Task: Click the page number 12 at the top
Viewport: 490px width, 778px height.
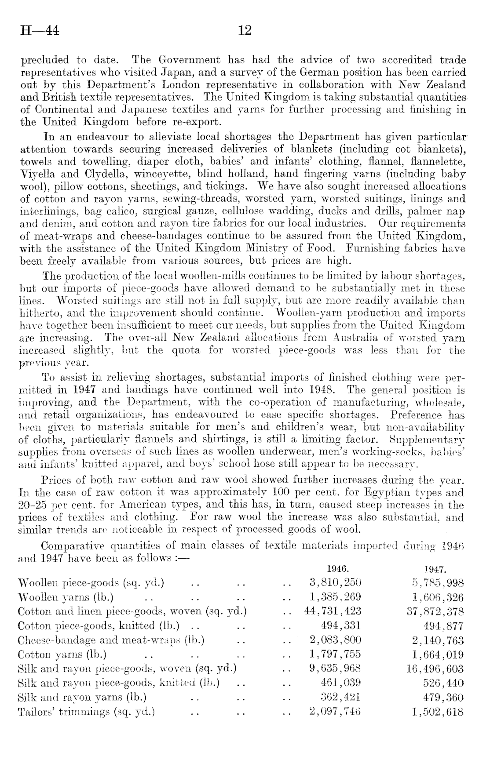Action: click(x=244, y=31)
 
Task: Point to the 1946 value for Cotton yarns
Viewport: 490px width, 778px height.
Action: click(x=335, y=654)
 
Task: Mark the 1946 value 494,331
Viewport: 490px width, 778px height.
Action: click(x=342, y=626)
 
